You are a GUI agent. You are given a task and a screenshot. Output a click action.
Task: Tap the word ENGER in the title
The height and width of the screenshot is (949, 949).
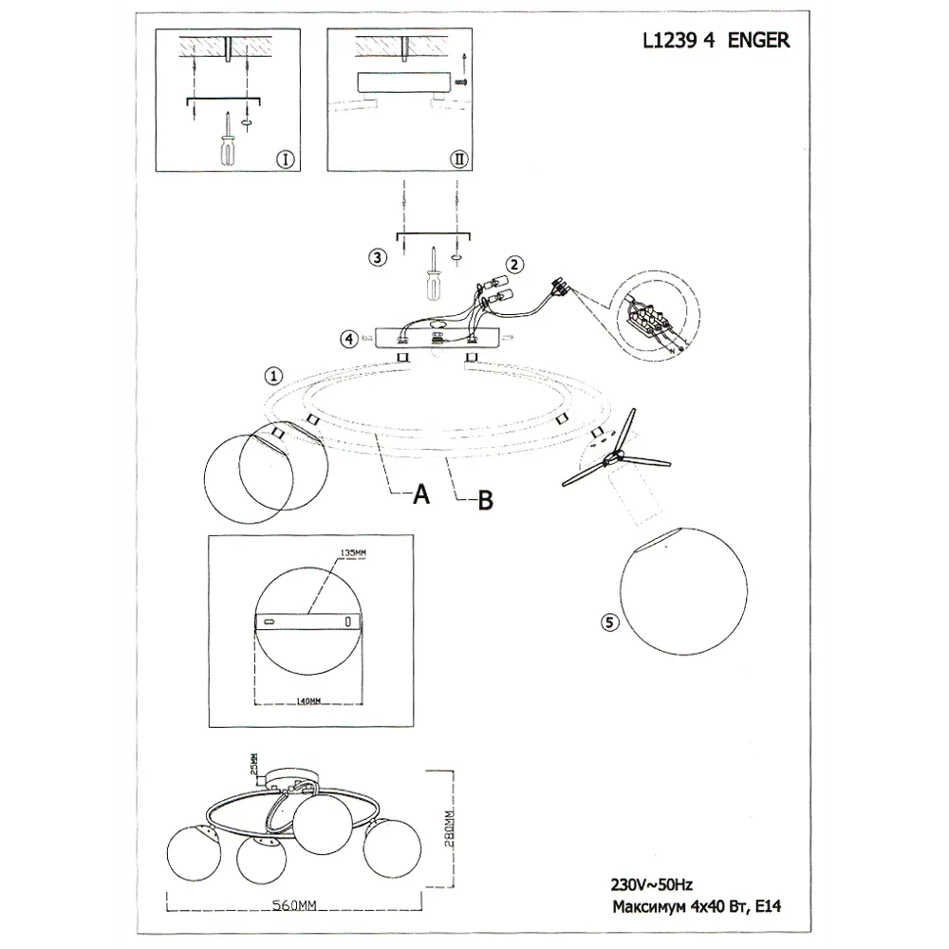[758, 42]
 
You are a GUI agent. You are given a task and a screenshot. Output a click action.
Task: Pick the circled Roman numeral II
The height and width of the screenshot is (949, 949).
[460, 158]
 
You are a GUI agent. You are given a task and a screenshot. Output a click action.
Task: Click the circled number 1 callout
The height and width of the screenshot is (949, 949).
[273, 376]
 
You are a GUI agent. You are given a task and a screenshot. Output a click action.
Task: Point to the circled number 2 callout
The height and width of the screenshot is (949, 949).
[513, 265]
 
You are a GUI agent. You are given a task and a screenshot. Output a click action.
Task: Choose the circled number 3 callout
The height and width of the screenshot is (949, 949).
[378, 257]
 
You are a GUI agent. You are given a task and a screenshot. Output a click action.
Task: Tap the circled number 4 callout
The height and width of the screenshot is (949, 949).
[349, 338]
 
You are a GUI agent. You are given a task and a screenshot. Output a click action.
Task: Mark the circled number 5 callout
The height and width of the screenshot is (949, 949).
[609, 623]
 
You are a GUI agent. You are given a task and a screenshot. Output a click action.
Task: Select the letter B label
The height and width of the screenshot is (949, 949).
[485, 500]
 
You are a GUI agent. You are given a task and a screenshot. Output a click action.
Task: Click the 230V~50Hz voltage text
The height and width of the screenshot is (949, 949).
[651, 884]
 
